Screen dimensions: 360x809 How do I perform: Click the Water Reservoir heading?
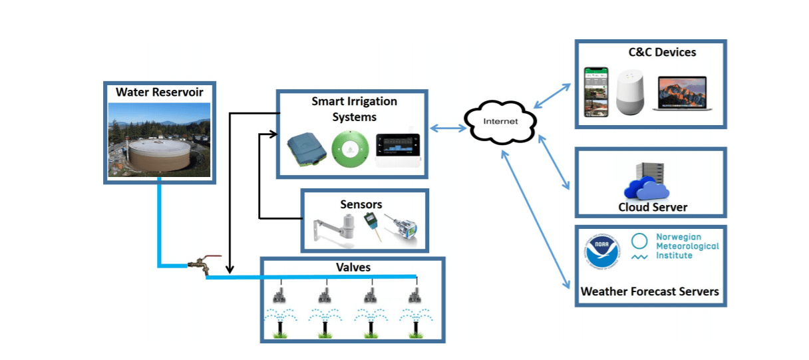pos(160,92)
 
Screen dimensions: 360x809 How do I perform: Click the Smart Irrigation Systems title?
pos(354,109)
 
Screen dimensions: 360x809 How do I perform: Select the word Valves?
pos(353,268)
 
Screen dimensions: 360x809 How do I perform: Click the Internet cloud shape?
pos(501,122)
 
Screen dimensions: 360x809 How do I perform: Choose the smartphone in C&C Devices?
pos(597,91)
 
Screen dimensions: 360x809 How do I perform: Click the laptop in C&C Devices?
pos(679,93)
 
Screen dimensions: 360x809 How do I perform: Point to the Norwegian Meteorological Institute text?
pos(677,246)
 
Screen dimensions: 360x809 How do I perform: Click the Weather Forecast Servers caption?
pos(649,291)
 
